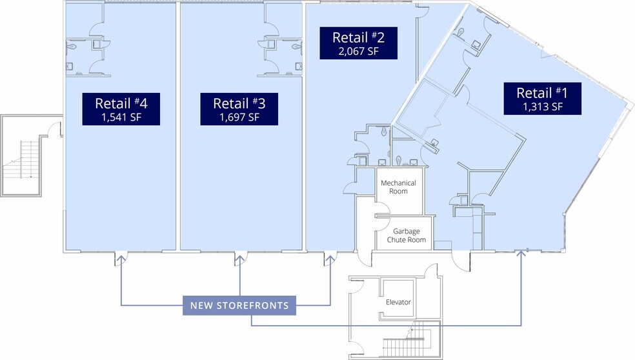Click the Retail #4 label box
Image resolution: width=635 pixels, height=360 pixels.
tap(121, 109)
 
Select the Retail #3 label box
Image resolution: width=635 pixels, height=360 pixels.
tap(239, 109)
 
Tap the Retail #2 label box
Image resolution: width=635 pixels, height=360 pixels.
tap(358, 43)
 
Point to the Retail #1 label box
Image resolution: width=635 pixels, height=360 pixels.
tap(543, 99)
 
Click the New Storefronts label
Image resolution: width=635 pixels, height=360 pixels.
tap(239, 305)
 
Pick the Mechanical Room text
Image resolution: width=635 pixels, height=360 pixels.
tap(398, 187)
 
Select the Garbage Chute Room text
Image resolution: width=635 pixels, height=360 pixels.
tap(406, 235)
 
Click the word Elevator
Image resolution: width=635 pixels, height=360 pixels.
tap(398, 302)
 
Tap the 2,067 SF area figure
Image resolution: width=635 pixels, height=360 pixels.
tap(358, 51)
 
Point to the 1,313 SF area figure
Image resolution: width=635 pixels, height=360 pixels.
tap(543, 106)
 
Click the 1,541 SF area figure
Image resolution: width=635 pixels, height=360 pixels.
tap(121, 117)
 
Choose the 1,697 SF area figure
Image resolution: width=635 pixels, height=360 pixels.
tap(239, 117)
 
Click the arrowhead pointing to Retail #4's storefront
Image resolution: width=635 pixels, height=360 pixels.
tap(121, 257)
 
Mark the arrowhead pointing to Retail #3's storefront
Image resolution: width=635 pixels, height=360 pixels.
tap(240, 257)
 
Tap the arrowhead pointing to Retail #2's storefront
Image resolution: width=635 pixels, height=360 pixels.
tap(330, 257)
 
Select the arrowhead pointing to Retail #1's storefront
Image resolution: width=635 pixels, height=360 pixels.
tap(521, 253)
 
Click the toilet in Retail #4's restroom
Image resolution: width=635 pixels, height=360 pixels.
tap(72, 46)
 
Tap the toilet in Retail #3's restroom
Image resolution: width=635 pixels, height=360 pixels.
tap(296, 46)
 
